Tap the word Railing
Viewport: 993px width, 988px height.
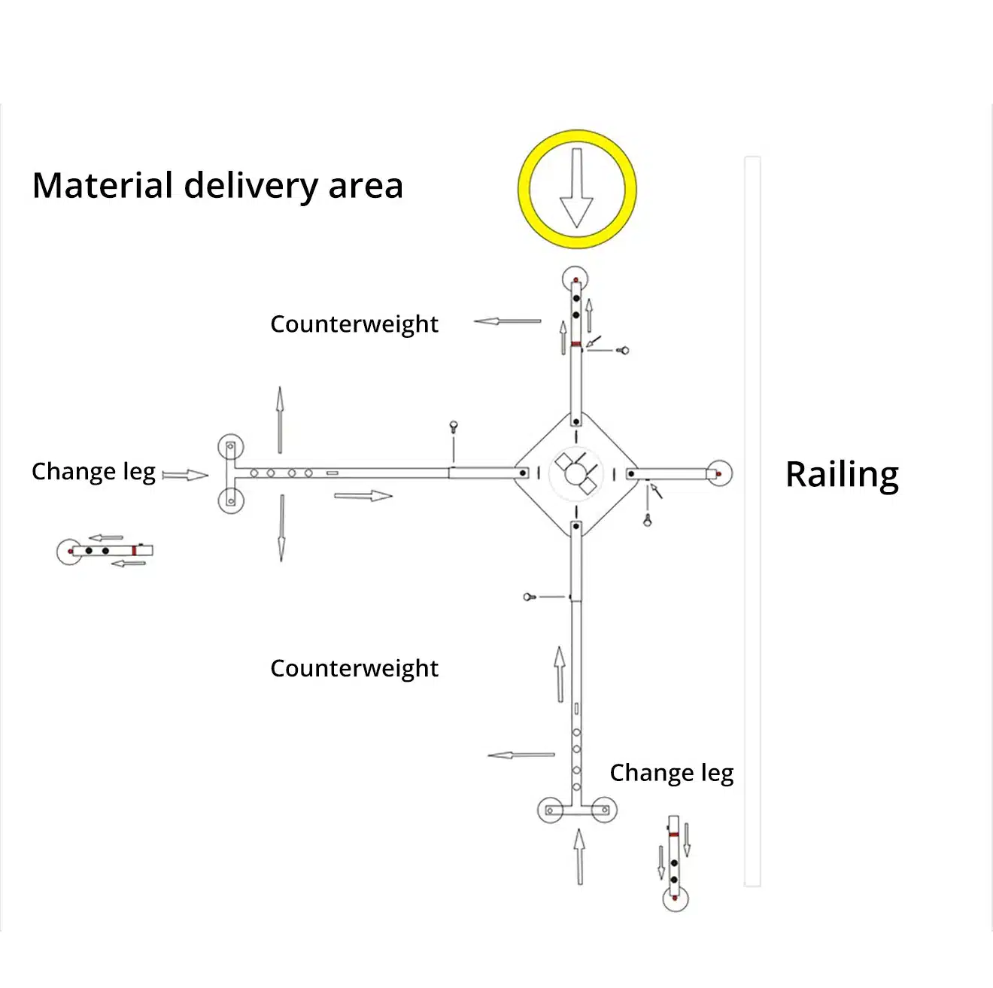click(x=842, y=475)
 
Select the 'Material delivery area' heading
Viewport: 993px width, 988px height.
click(x=217, y=186)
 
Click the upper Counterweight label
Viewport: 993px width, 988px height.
click(x=354, y=324)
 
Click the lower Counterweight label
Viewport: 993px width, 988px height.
click(x=354, y=668)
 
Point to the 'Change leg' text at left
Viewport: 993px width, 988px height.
click(x=93, y=472)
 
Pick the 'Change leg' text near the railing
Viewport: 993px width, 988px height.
click(x=671, y=773)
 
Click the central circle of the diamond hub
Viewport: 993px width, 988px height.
click(x=575, y=474)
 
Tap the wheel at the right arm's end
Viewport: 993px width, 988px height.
click(x=720, y=474)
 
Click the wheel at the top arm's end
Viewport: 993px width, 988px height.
click(x=575, y=278)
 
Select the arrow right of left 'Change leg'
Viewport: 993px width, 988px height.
click(x=185, y=475)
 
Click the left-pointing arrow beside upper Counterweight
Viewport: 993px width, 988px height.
click(x=507, y=321)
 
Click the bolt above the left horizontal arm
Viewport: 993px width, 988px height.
click(x=454, y=427)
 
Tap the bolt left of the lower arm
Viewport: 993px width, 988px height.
click(x=529, y=597)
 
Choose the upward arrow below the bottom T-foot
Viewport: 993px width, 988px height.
click(x=579, y=856)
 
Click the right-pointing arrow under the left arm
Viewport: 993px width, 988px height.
click(x=363, y=496)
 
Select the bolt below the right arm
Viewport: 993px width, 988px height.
click(x=648, y=520)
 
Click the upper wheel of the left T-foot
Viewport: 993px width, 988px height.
click(x=230, y=446)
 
